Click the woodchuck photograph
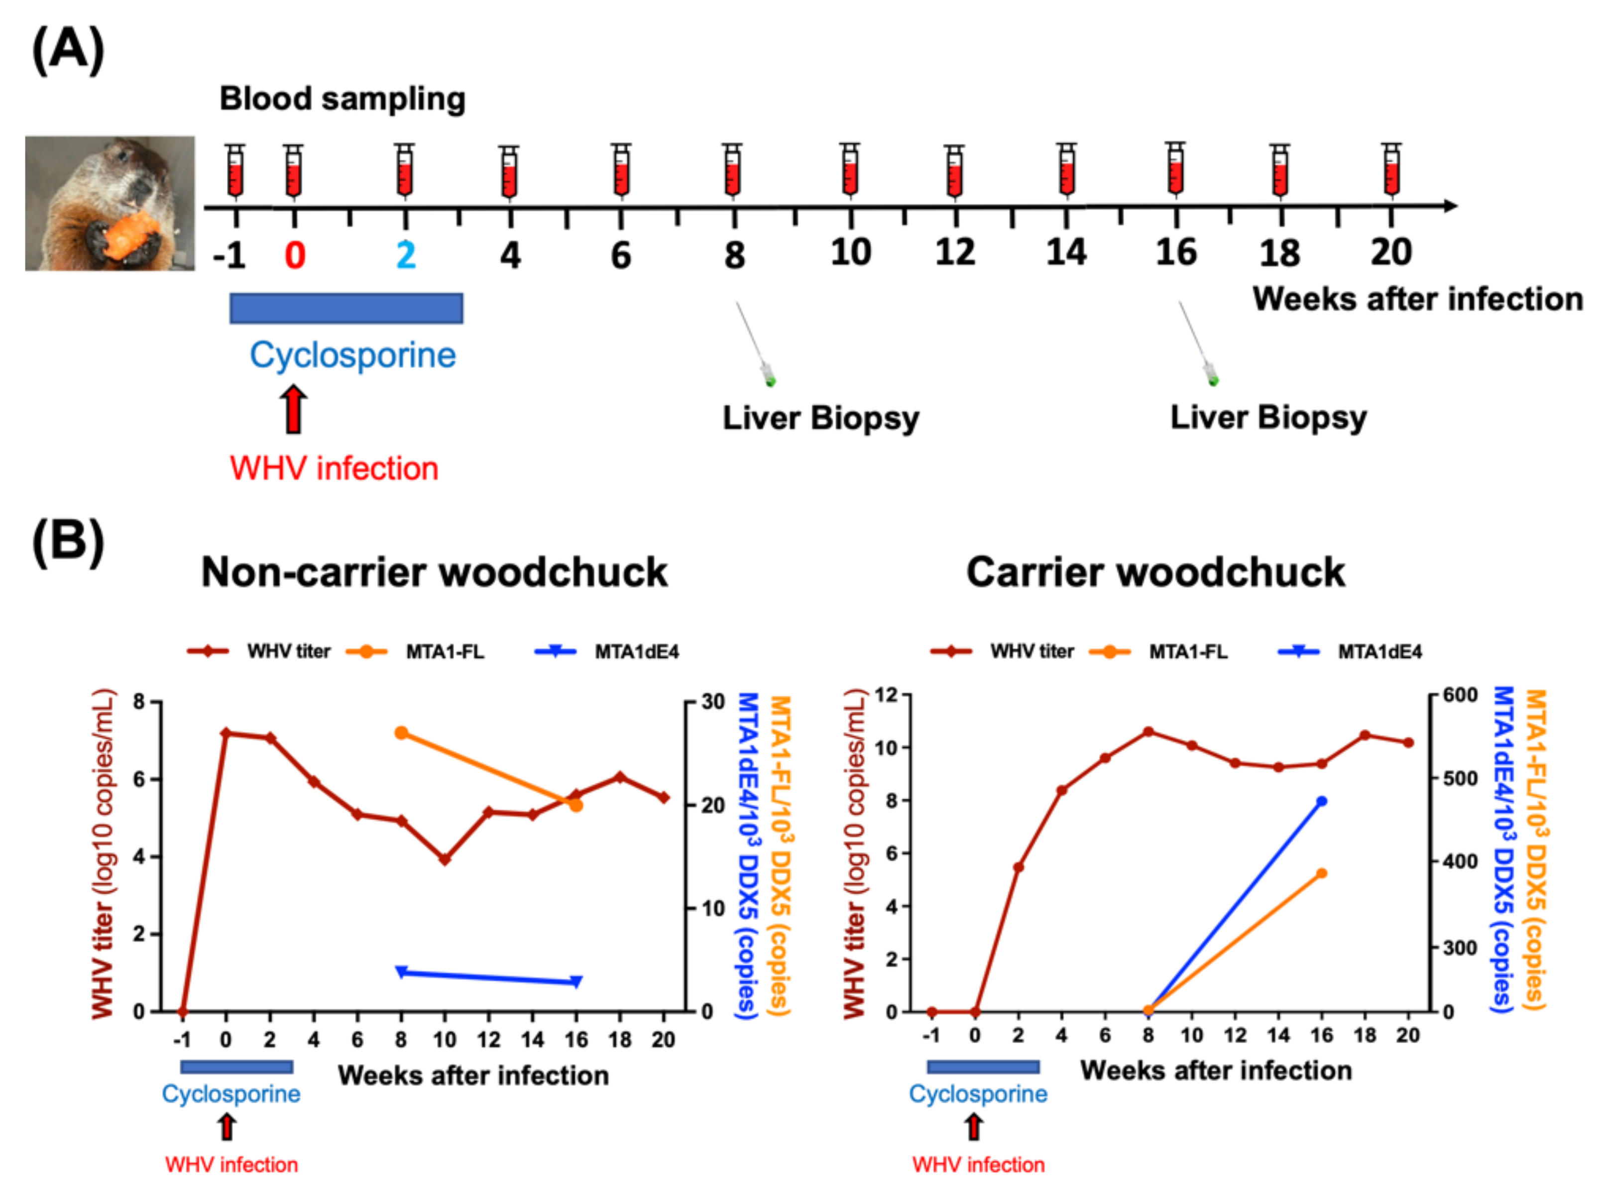pyautogui.click(x=110, y=204)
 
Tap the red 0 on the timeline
pyautogui.click(x=294, y=255)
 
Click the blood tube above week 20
pyautogui.click(x=1391, y=171)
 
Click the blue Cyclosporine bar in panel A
pyautogui.click(x=346, y=308)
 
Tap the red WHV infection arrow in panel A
pyautogui.click(x=293, y=409)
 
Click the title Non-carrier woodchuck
pyautogui.click(x=434, y=572)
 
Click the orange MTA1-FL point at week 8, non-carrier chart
pyautogui.click(x=401, y=733)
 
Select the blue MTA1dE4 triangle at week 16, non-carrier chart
pyautogui.click(x=576, y=982)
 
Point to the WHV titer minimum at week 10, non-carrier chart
pyautogui.click(x=445, y=859)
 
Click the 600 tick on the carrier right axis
pyautogui.click(x=1459, y=695)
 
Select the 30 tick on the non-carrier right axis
pyautogui.click(x=711, y=702)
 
